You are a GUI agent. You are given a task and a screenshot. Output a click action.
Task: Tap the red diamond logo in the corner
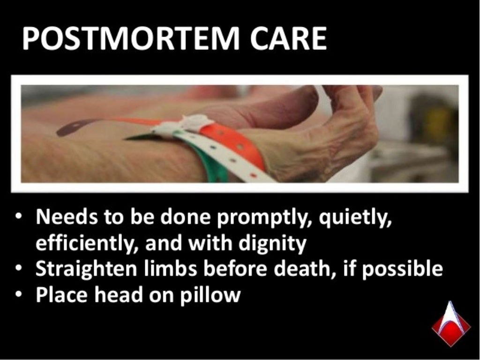point(450,324)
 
